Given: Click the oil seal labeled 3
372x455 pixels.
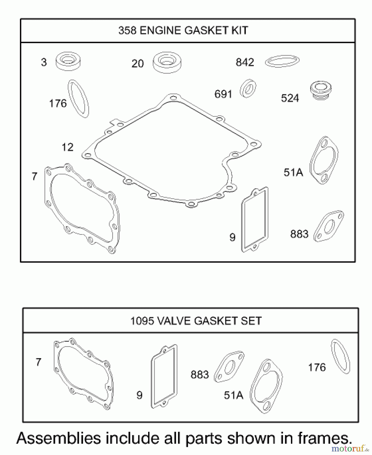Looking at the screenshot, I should click(x=68, y=61).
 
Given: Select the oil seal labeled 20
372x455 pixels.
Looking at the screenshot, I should click(x=167, y=62).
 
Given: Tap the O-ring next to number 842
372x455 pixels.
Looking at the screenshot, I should click(x=282, y=61).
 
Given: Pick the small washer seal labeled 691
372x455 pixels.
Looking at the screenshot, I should click(x=248, y=88).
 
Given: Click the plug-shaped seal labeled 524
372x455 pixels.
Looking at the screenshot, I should click(x=321, y=90).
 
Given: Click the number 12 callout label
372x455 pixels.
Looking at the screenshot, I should click(x=68, y=147).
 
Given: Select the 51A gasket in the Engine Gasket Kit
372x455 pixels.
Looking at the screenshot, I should click(x=324, y=160).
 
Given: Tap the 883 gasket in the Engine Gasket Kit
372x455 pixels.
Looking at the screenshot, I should click(x=329, y=226).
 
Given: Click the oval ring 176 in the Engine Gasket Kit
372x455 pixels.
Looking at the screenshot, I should click(x=79, y=99).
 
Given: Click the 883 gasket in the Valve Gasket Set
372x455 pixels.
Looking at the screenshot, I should click(x=229, y=367).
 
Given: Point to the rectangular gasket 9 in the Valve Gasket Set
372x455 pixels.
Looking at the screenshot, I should click(x=164, y=376).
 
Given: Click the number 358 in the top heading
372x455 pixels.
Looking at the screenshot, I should click(x=127, y=31).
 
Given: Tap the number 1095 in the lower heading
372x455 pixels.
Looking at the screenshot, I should click(x=142, y=321).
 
